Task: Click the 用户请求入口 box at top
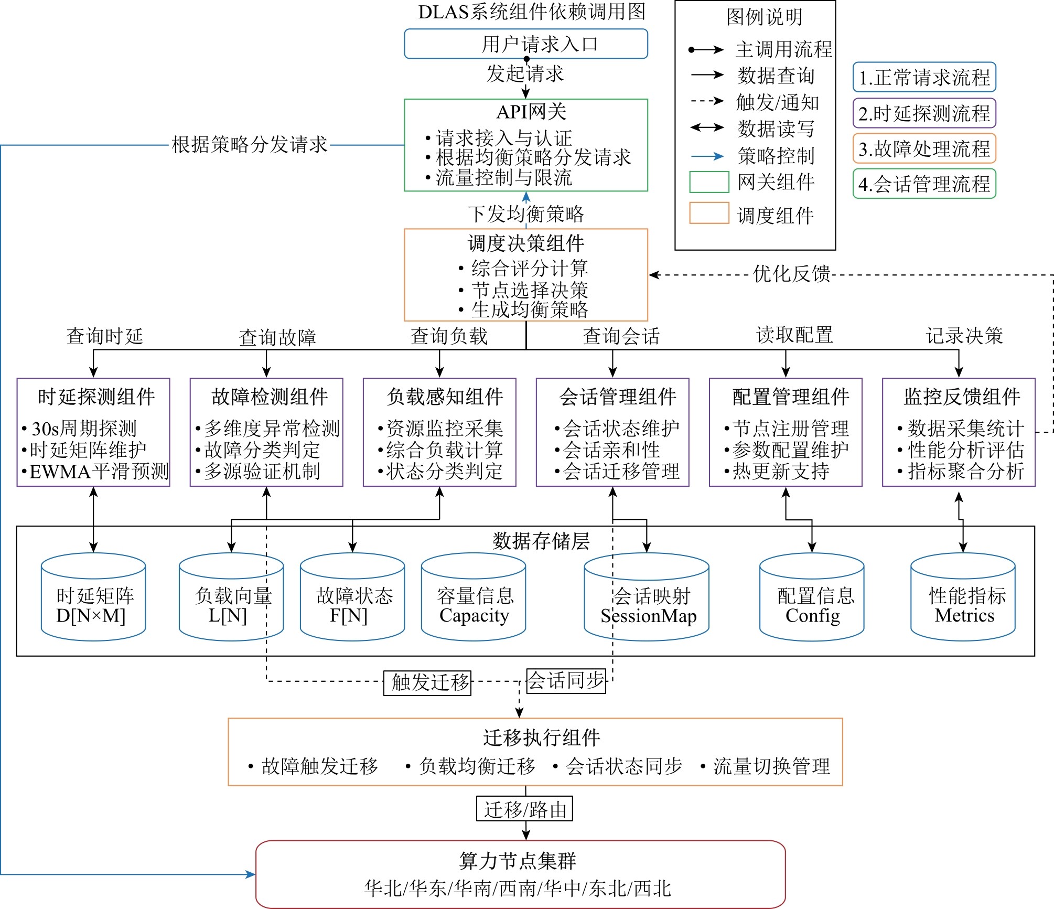(525, 44)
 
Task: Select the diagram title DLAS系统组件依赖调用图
(532, 12)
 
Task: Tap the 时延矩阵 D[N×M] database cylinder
(93, 597)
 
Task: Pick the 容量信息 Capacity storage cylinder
(474, 597)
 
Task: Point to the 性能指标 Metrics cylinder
(963, 597)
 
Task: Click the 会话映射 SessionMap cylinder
(647, 597)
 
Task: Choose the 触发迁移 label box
(427, 683)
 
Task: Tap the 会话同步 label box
(566, 680)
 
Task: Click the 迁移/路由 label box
(524, 809)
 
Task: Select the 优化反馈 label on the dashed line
(791, 274)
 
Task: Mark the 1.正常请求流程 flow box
(924, 77)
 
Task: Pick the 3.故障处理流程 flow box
(924, 148)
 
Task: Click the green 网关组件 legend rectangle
(709, 182)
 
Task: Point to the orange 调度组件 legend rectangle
(709, 213)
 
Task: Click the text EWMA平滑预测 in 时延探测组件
(99, 472)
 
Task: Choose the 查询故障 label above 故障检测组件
(277, 337)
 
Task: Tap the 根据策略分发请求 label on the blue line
(250, 144)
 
